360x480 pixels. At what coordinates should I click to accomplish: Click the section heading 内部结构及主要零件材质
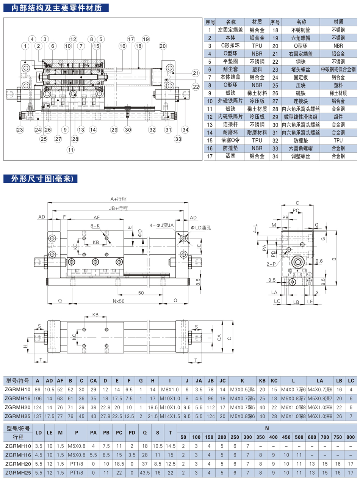coord(56,8)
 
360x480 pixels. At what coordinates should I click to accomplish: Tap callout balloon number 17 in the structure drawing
coord(131,39)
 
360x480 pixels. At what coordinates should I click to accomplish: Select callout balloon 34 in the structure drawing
coord(185,130)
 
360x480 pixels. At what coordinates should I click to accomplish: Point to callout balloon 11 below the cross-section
coord(70,150)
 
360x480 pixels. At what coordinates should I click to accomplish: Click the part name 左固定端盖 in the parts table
coord(230,30)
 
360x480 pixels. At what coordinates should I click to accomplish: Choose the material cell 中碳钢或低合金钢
coord(338,69)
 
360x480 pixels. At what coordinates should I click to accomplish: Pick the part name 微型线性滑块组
coord(301,117)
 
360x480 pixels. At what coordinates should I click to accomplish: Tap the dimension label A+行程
coord(119,199)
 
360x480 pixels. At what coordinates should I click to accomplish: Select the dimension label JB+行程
coord(119,208)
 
